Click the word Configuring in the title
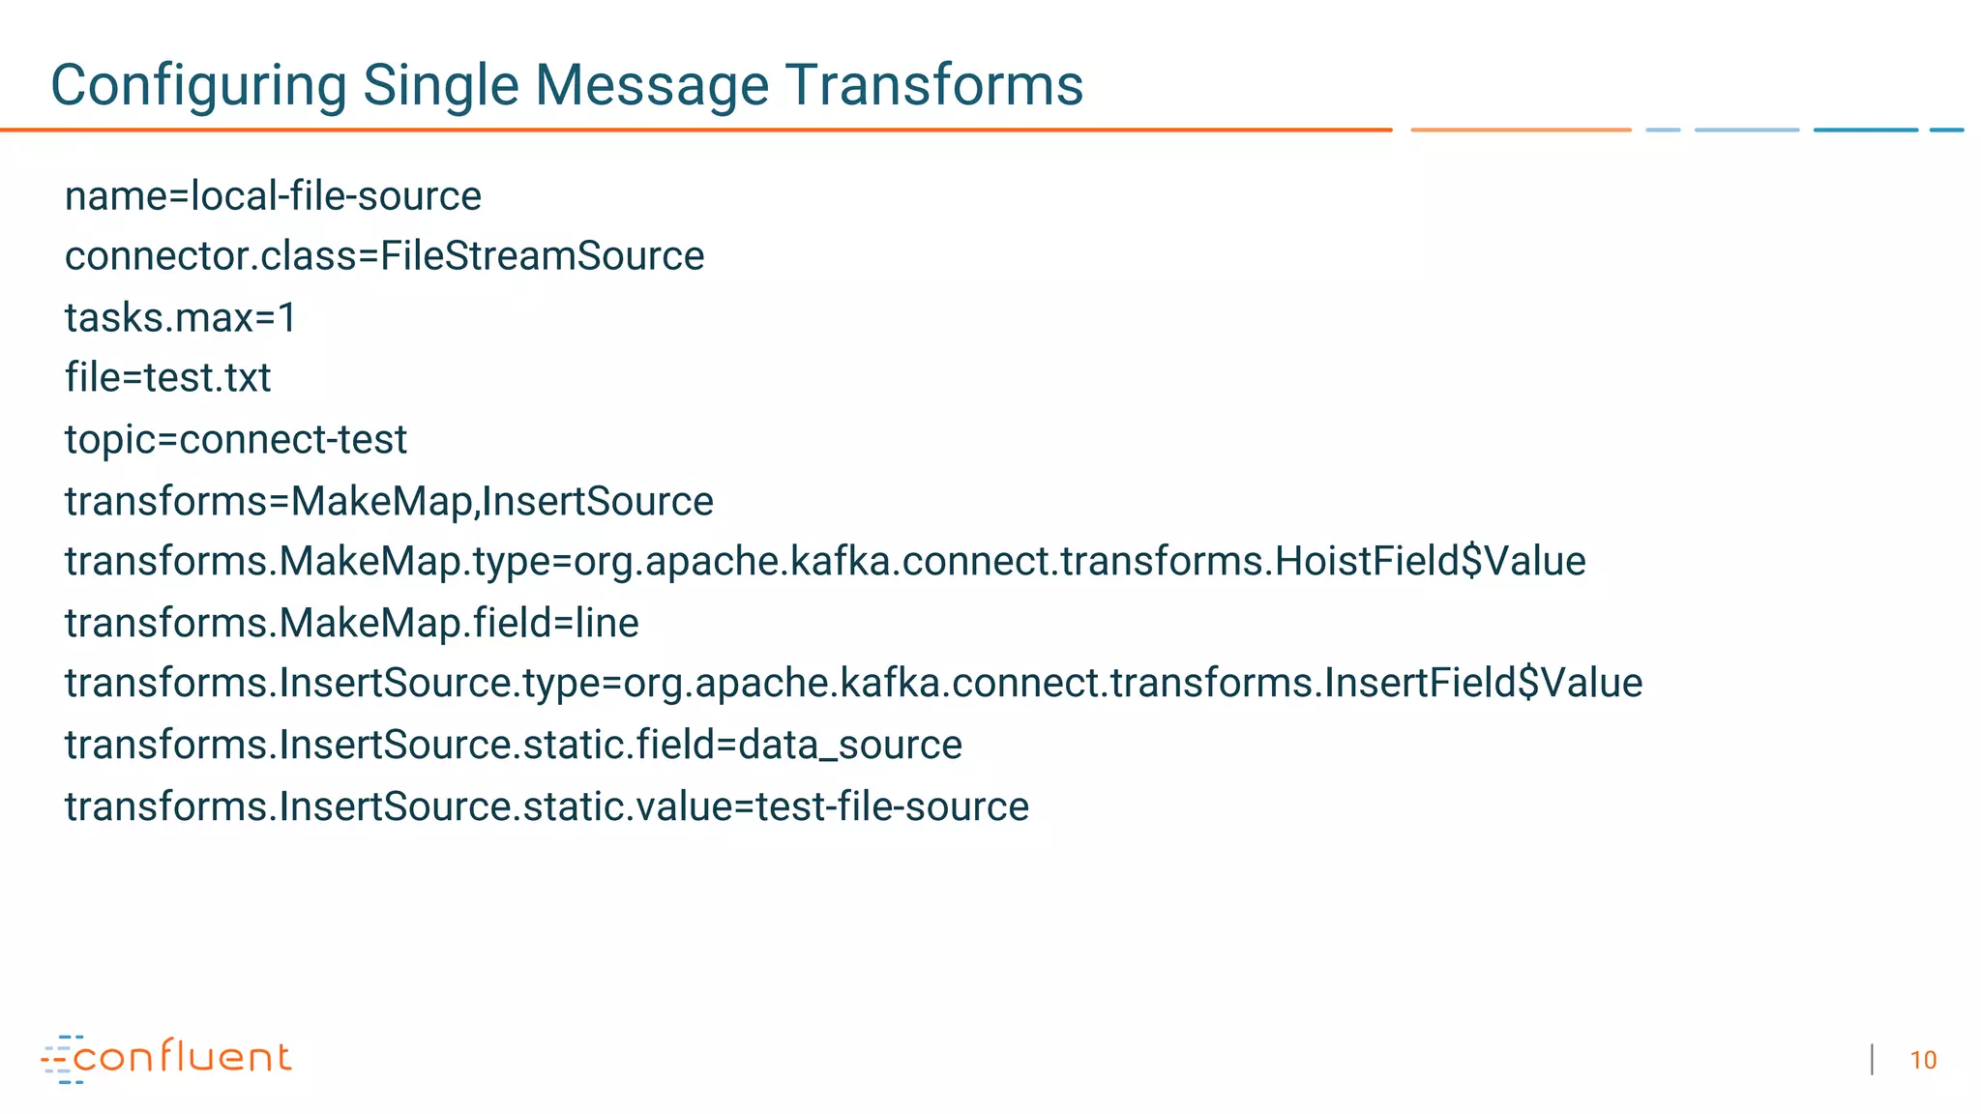(198, 85)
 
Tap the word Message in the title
(652, 85)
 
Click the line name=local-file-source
(273, 196)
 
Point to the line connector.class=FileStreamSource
(384, 256)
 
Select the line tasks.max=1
(180, 317)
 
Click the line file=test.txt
(167, 378)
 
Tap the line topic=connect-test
(235, 440)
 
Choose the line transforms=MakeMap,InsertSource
(389, 501)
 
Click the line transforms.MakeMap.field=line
(351, 623)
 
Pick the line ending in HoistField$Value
(824, 562)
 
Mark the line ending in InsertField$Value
(853, 684)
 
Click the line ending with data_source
(513, 745)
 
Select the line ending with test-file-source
(547, 806)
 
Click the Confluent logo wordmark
(182, 1057)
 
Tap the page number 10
(1923, 1061)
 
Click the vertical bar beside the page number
(1873, 1060)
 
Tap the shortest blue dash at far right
(1946, 130)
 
